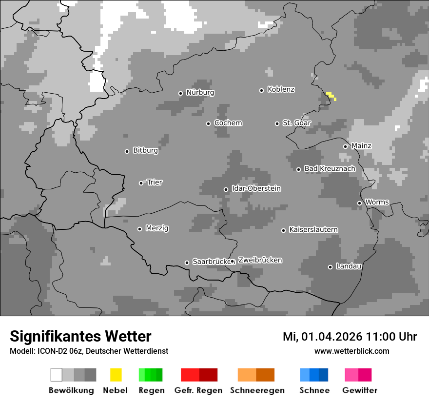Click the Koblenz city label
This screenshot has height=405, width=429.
click(281, 90)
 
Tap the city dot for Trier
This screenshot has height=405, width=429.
click(141, 183)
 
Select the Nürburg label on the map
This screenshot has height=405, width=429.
click(200, 92)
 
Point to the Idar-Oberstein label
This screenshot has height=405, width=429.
click(256, 188)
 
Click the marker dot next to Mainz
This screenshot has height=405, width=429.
click(345, 146)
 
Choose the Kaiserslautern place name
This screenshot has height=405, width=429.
click(313, 229)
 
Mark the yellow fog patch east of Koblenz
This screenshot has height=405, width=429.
click(331, 96)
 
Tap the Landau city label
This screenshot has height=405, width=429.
click(349, 266)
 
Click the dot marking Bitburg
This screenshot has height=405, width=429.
click(127, 151)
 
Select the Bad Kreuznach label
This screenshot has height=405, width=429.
click(330, 168)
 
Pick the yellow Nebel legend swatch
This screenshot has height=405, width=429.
click(116, 375)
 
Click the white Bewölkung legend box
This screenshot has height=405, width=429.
click(57, 375)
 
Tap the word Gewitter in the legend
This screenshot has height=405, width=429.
click(359, 390)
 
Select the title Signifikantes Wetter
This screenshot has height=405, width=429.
click(80, 336)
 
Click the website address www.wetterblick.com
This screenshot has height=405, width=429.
click(351, 351)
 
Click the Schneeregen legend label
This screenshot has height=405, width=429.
click(257, 390)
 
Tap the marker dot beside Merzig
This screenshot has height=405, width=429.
click(139, 229)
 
